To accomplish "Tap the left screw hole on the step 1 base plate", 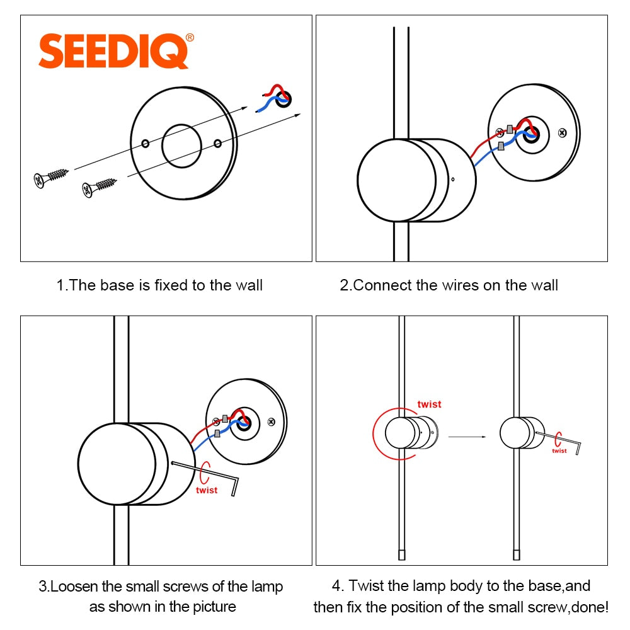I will point(146,144).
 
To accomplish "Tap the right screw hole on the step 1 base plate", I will point(217,144).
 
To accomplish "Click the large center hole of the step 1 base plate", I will point(181,146).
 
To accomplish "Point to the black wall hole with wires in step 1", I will point(283,98).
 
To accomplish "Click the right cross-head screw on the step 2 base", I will point(563,133).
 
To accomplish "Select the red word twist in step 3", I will point(206,490).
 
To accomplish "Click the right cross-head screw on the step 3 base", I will point(272,421).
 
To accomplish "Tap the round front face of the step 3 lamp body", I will point(117,462).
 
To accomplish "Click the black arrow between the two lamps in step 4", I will point(467,436).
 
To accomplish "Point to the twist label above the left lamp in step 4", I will point(429,404).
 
